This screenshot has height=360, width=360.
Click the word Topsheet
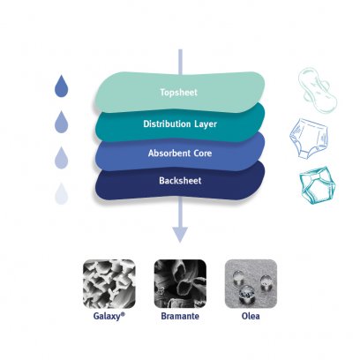point(179,93)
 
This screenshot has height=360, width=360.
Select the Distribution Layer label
point(180,124)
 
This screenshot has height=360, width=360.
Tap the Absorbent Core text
point(180,154)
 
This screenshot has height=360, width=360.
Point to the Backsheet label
point(180,180)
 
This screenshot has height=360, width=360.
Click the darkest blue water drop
point(62,86)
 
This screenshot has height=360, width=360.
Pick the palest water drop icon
point(62,194)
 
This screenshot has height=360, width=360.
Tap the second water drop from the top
point(62,122)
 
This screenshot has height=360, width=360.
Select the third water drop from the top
point(62,158)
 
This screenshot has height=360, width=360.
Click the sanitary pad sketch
point(317,90)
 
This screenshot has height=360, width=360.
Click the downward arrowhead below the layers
point(180,235)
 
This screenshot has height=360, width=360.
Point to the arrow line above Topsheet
point(180,62)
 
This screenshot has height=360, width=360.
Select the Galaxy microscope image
point(109,284)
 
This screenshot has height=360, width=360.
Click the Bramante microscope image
point(180,284)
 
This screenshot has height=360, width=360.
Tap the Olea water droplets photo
point(251,284)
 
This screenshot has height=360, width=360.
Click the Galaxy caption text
point(109,316)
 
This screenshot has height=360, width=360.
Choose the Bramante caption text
point(180,316)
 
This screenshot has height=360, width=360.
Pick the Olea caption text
point(251,316)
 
